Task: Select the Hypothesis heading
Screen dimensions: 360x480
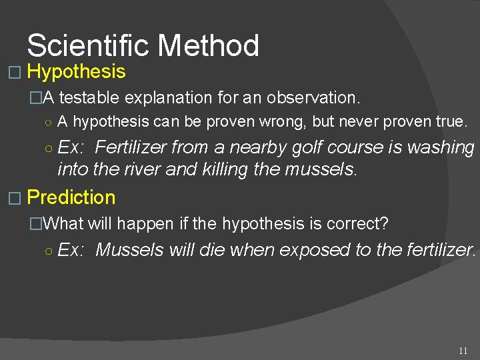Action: pyautogui.click(x=77, y=71)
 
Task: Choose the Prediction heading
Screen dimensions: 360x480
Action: pyautogui.click(x=71, y=197)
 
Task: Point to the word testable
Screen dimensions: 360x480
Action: pyautogui.click(x=90, y=98)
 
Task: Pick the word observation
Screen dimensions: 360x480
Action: pyautogui.click(x=313, y=98)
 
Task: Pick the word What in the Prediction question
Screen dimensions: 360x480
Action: pyautogui.click(x=63, y=224)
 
